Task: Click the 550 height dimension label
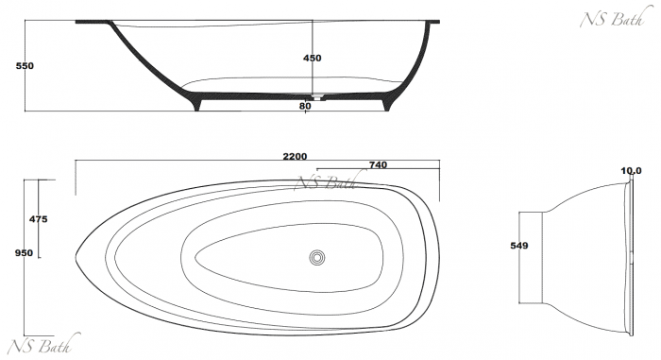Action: [25, 66]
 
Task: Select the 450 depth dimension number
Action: [312, 59]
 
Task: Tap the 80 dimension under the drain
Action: [305, 106]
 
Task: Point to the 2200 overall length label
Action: [295, 157]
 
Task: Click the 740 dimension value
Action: [378, 165]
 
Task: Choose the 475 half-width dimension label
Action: [39, 219]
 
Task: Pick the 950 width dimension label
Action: [24, 253]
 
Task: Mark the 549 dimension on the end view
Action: [519, 246]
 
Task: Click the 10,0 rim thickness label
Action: [631, 171]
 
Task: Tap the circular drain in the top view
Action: [317, 257]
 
